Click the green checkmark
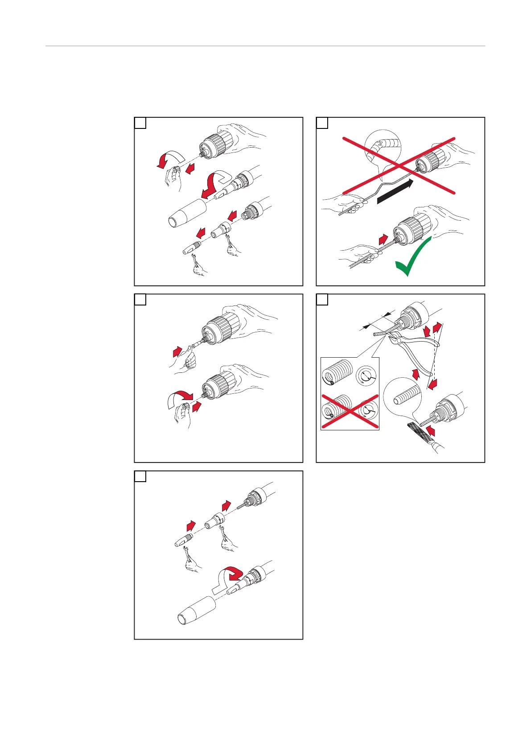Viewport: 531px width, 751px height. point(412,259)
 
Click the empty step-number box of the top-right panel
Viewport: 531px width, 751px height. point(322,123)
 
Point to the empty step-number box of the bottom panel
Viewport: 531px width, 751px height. point(140,476)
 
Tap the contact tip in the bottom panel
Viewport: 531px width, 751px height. point(182,539)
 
